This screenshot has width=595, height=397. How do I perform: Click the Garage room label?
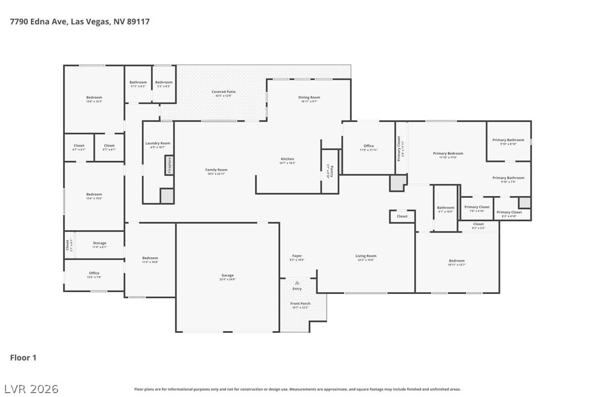227,275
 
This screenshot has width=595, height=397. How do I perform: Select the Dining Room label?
309,98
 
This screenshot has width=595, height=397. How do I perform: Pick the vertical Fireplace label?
170,165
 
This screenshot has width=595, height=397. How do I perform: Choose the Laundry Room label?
158,144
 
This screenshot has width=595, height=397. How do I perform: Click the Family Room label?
216,170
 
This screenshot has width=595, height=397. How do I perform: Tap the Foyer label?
297,256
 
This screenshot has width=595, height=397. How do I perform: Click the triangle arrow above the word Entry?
297,283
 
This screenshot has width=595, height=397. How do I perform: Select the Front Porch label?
300,304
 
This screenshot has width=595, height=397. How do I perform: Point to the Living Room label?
366,256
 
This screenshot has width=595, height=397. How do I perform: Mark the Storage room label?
99,243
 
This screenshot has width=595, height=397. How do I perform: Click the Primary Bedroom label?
448,154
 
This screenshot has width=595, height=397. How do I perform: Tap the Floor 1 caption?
23,358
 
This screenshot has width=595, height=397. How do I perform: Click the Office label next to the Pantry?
369,146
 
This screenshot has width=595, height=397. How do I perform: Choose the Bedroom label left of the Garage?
150,258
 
